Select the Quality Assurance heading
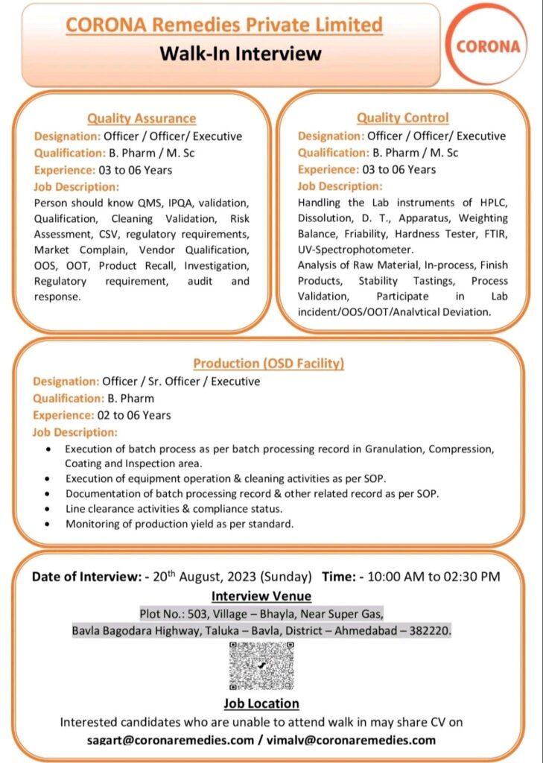(142, 118)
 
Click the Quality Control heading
(402, 118)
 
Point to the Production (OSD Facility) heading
(269, 364)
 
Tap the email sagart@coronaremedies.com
(170, 740)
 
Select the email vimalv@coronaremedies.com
(349, 740)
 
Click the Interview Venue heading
(261, 595)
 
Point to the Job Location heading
(261, 703)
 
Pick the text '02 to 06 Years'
(134, 415)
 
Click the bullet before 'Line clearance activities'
(48, 509)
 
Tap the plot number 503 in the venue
(212, 613)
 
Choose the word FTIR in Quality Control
(495, 234)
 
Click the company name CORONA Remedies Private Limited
(224, 25)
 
